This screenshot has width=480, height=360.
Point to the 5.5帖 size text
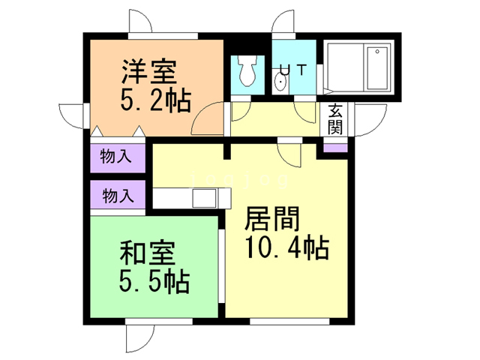point(154,281)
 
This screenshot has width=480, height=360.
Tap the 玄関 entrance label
point(334,118)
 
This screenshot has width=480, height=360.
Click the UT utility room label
point(292,70)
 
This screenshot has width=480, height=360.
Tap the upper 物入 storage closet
point(117,157)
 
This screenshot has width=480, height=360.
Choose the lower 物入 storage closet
point(117,196)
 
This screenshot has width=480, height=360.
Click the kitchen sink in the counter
point(204,199)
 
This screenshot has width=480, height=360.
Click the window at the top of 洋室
point(163,35)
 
